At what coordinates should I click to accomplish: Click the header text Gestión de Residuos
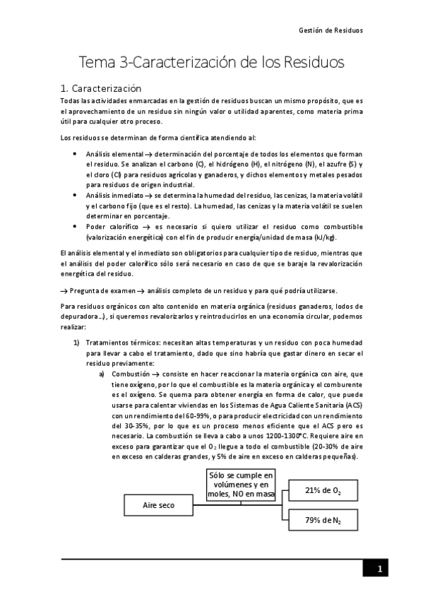point(332,31)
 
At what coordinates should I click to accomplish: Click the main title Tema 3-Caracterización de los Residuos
point(211,62)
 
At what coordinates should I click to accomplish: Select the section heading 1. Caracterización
point(102,89)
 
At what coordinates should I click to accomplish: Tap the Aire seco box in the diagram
point(159,506)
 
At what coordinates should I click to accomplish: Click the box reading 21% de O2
point(323,490)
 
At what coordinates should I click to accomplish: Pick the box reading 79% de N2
point(323,521)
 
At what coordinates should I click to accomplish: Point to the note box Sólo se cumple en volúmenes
point(240,484)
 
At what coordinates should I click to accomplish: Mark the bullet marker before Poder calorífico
point(76,226)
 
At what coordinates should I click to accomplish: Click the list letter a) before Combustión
point(102,373)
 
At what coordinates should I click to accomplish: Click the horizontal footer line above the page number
point(212,558)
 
